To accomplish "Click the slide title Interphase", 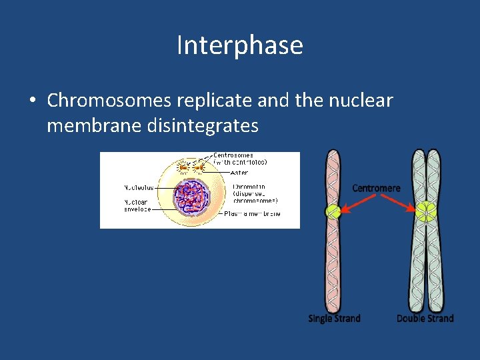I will [x=240, y=45].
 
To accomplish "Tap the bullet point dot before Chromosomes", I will [x=32, y=101].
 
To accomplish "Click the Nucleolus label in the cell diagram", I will [x=139, y=187].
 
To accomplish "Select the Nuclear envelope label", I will [x=137, y=205].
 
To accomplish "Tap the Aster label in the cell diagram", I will [x=240, y=173].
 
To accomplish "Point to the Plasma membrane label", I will [x=252, y=213].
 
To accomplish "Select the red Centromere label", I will [x=377, y=188].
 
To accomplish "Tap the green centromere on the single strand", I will [x=333, y=213].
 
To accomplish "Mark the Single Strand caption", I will [x=334, y=319].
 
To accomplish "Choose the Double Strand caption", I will [x=425, y=319].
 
